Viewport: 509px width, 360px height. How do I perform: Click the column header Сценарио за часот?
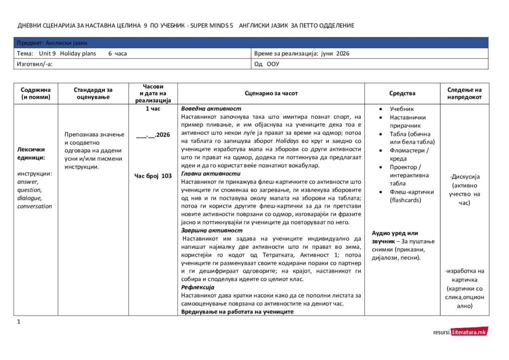271,93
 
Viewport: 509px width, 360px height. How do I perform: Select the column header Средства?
402,93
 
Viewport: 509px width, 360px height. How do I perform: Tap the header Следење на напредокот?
465,93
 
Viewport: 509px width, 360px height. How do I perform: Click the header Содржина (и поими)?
35,93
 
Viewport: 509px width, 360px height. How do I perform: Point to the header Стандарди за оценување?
93,93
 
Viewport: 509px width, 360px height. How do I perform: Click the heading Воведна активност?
211,109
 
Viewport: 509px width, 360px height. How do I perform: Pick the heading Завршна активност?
212,231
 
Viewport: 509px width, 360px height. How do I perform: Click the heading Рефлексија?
198,288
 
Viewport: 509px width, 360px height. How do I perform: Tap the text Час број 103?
153,176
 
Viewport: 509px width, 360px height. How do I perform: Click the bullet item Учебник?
402,109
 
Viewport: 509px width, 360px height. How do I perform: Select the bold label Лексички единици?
31,153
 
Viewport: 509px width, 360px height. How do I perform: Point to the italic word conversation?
34,206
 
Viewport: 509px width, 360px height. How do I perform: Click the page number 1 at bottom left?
19,322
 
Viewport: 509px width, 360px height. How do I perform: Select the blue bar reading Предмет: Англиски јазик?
251,43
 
